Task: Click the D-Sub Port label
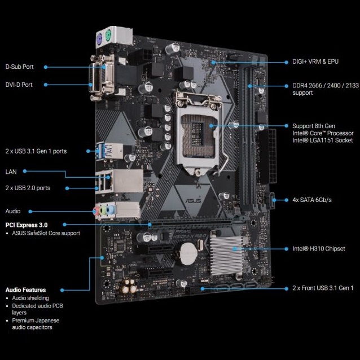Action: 20,67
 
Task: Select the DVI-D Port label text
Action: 19,85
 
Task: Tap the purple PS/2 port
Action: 99,37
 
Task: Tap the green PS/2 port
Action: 108,35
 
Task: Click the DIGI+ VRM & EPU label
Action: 315,62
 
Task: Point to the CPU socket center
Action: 198,131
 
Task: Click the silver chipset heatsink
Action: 226,255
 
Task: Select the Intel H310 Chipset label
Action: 318,249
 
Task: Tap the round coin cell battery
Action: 188,254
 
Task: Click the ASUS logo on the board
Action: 194,200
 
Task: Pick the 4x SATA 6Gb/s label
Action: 312,200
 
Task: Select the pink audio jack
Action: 96,211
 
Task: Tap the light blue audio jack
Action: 111,209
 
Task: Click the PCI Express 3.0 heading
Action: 27,225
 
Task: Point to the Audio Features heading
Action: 26,290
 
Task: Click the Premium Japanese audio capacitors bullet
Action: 36,324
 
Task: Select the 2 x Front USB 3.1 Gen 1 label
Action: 323,288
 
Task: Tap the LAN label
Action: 11,172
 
